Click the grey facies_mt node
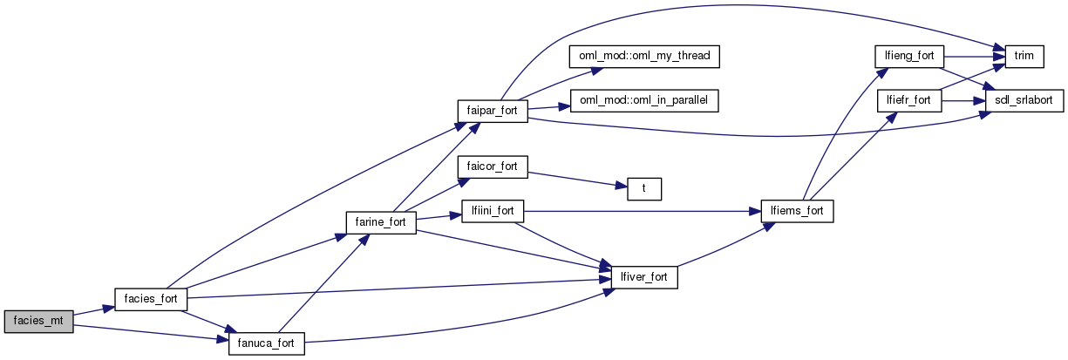[x=38, y=321]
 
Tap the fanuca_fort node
[x=266, y=343]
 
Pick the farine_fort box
[x=381, y=221]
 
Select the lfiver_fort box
[x=644, y=276]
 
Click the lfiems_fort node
[x=797, y=210]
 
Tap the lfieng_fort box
[x=909, y=56]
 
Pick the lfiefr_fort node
[x=909, y=100]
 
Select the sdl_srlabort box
[x=1024, y=100]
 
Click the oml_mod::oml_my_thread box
[x=644, y=56]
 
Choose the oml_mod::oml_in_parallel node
[x=644, y=100]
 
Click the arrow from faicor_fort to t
[x=575, y=177]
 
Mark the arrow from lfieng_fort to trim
[x=973, y=56]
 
